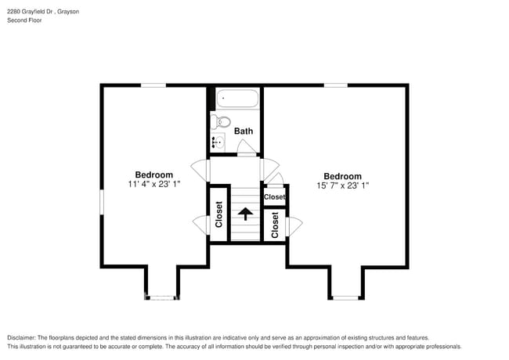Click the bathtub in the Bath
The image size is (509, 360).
point(236,99)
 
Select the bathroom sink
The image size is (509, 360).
point(218,142)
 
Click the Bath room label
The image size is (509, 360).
point(243,131)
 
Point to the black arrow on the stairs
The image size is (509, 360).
point(245,213)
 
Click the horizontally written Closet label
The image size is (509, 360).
point(274,197)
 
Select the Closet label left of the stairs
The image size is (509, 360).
point(219,215)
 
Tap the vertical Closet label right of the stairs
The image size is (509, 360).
point(275,225)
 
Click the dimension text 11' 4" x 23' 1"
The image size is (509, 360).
point(154,185)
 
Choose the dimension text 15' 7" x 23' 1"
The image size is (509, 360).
point(342,186)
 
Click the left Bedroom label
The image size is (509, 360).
point(154,175)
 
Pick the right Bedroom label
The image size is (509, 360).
point(342,176)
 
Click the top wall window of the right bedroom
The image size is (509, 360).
point(336,85)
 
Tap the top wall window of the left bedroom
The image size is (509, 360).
point(153,85)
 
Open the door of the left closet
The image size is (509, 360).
point(200,225)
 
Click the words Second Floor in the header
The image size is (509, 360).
point(25,20)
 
